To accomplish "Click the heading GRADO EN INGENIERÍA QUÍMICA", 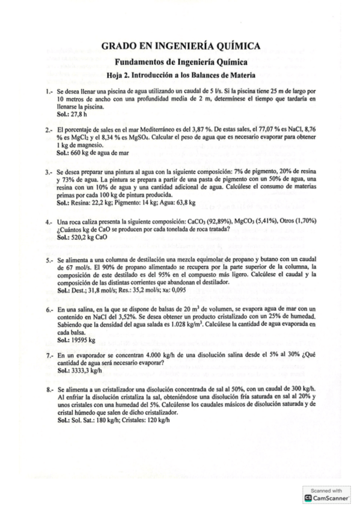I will coord(180,46).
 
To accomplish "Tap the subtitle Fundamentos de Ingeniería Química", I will coord(180,62).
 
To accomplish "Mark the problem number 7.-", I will coord(49,356).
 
